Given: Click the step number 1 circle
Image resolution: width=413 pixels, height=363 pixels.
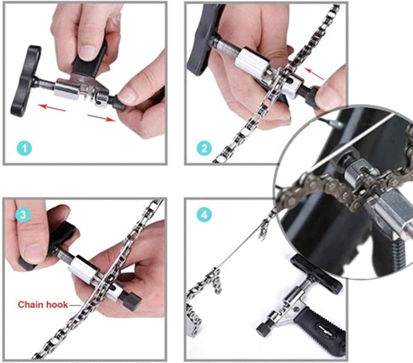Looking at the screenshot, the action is click(24, 148).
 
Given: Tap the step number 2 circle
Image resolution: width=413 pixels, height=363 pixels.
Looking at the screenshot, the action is click(204, 148).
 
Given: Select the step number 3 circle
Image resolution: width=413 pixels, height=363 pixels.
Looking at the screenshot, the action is click(23, 214).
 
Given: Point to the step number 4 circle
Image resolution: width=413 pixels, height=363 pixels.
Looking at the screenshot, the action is click(204, 214).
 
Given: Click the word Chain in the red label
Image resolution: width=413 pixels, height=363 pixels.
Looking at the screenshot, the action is click(31, 304).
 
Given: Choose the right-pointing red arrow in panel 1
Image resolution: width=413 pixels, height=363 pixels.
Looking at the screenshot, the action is click(101, 118).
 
